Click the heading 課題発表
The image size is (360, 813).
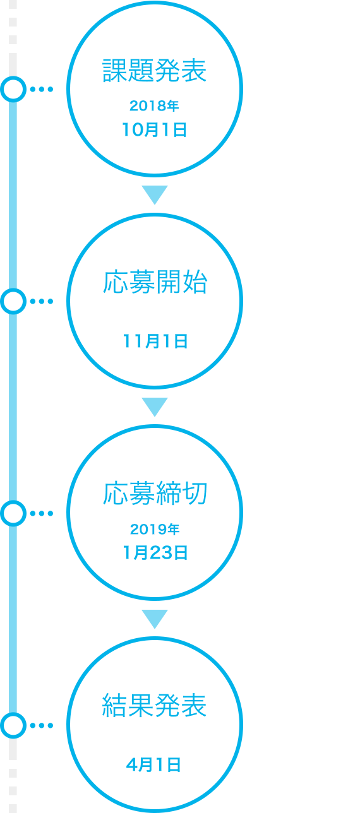[154, 71]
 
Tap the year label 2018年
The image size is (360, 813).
[154, 105]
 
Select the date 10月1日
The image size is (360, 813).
[154, 129]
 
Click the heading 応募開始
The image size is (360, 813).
[155, 282]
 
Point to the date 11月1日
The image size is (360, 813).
[155, 341]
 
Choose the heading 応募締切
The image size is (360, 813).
[155, 494]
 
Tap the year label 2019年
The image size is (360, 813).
[155, 529]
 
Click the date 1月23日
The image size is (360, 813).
[155, 553]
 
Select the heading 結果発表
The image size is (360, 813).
[154, 706]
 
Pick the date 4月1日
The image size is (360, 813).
[153, 765]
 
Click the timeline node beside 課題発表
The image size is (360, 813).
[13, 89]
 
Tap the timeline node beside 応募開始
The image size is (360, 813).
[13, 301]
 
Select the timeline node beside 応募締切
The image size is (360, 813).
[13, 513]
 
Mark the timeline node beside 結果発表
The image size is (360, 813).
[13, 725]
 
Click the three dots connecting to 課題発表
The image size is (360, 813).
[42, 89]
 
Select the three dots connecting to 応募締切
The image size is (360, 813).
[42, 513]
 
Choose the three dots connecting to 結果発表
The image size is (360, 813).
[42, 725]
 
